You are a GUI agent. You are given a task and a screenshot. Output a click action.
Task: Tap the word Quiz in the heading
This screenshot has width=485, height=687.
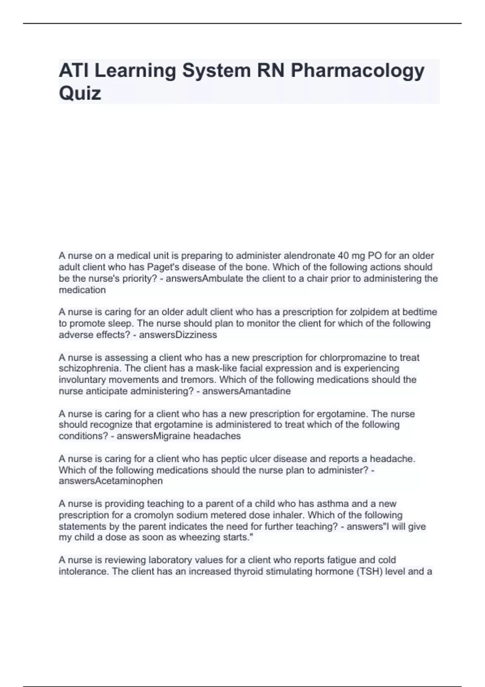pyautogui.click(x=80, y=93)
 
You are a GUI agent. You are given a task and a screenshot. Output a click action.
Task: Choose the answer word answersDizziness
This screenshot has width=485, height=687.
pyautogui.click(x=178, y=335)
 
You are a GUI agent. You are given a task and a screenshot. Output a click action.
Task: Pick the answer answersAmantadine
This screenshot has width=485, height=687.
pyautogui.click(x=247, y=391)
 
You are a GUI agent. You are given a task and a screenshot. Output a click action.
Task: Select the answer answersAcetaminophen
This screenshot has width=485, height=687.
pyautogui.click(x=111, y=481)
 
